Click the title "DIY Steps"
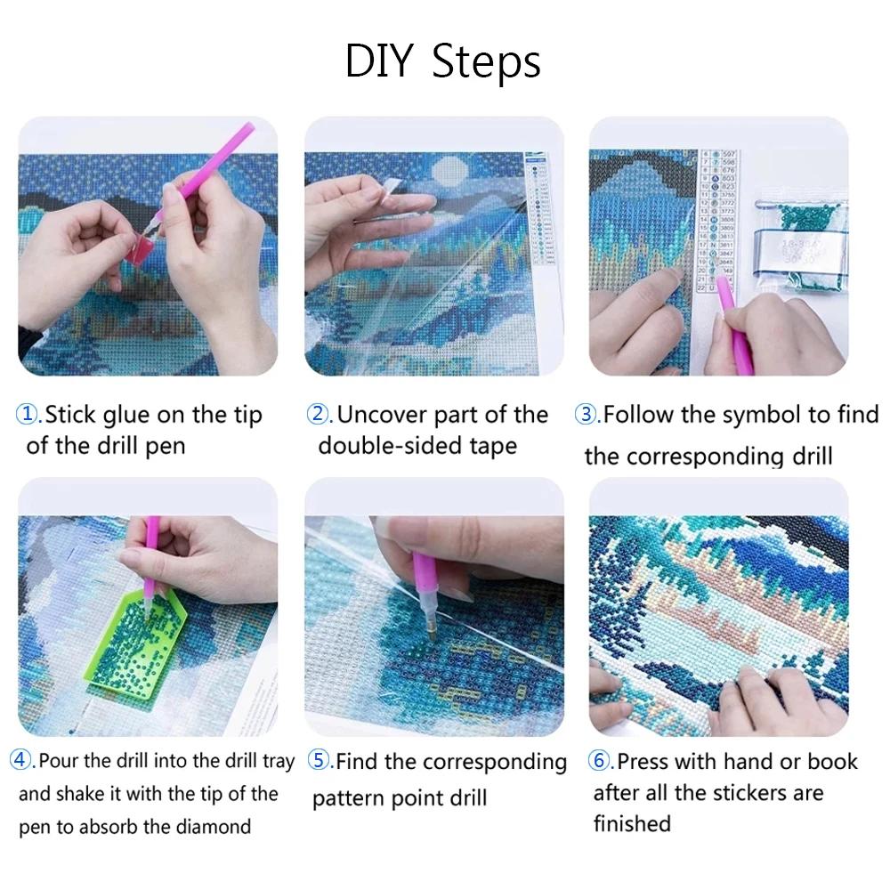(442, 62)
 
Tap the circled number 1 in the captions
(28, 415)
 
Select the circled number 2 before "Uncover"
(319, 415)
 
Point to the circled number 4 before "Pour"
(21, 761)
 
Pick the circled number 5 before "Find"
(319, 761)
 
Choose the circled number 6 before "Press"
(600, 761)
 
